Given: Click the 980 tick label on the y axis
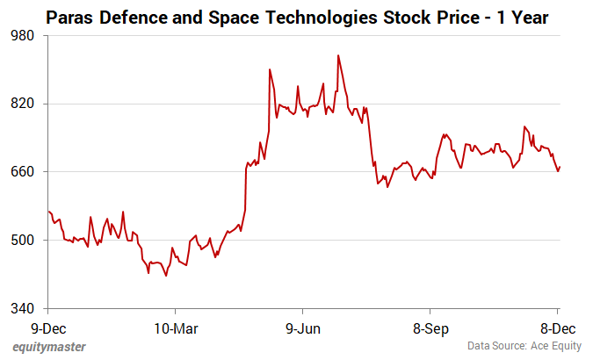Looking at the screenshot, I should (x=24, y=35).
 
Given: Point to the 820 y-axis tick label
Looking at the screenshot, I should (x=24, y=104).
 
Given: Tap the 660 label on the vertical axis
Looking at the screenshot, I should (x=24, y=172).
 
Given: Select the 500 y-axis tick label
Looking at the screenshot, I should (x=24, y=241).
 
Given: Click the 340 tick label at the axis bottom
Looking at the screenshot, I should (x=24, y=309).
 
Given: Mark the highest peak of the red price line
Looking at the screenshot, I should (x=338, y=55).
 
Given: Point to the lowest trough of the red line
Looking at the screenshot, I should (x=166, y=276).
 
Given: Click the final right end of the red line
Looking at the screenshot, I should (x=560, y=167).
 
